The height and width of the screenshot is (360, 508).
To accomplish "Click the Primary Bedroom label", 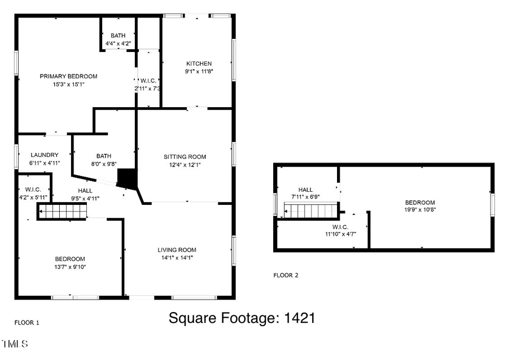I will [68, 76].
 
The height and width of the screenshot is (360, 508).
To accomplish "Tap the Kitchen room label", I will [199, 64].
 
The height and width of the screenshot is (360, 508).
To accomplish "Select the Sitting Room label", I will [185, 157].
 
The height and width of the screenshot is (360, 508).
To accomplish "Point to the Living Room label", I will [177, 249].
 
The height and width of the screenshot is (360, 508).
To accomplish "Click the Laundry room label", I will [45, 155].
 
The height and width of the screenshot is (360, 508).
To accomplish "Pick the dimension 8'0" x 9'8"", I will [104, 164].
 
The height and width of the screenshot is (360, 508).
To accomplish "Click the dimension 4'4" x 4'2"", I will [118, 43].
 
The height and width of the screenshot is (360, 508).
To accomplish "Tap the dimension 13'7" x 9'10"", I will [70, 267].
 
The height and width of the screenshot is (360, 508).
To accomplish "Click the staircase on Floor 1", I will [63, 212].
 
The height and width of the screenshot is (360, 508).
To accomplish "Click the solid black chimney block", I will [127, 178].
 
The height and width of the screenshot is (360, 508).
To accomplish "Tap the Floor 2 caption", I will [286, 275].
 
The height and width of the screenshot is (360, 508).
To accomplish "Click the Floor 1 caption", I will [27, 323].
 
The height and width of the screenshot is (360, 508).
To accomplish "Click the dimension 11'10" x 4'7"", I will [340, 234].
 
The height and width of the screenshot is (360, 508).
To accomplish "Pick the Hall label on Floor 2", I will [305, 190].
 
